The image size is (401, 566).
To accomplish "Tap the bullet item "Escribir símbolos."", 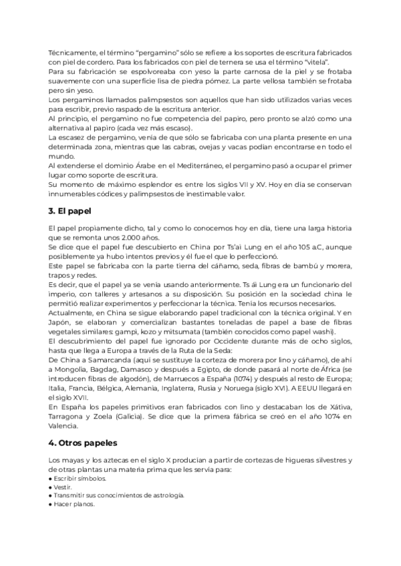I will [77, 478].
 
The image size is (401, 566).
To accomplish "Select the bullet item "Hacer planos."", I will [74, 505].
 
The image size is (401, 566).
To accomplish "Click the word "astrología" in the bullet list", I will [164, 496].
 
